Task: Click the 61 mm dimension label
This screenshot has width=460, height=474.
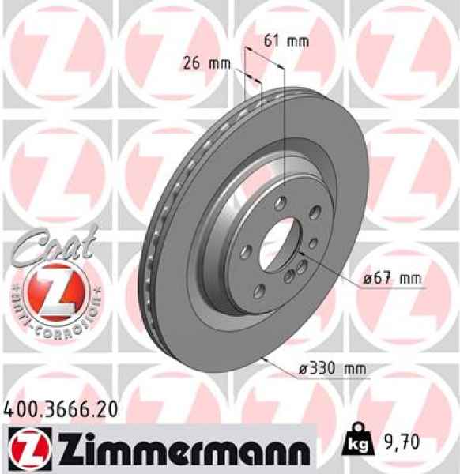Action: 286,41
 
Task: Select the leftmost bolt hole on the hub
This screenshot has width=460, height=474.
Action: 245,252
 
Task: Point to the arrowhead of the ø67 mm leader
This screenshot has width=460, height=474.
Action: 303,254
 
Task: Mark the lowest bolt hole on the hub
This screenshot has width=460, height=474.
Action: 286,276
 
